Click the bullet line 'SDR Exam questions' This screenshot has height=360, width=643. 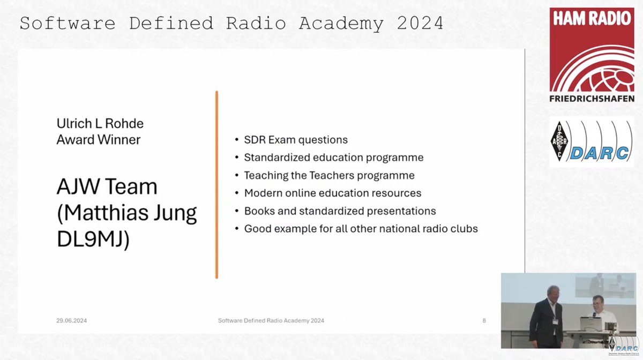pos(296,140)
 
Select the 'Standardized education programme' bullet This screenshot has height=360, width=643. pos(333,157)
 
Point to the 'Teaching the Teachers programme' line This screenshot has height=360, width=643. pos(329,175)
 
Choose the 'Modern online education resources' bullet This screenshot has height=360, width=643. pos(332,193)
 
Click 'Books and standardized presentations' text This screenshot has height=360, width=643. pos(340,211)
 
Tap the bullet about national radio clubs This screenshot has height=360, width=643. pos(361,228)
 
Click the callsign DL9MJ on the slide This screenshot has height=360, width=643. pos(93,240)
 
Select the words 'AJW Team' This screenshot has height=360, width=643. pos(107,187)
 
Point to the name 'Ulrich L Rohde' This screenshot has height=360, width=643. pos(100,124)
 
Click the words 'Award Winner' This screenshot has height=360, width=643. pos(99,140)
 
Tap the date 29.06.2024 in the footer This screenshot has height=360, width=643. pos(71,320)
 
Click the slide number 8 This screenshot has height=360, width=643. pos(484,320)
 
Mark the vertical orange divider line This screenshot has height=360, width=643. pos(216,185)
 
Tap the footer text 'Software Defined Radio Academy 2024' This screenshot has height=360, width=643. pos(271,320)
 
